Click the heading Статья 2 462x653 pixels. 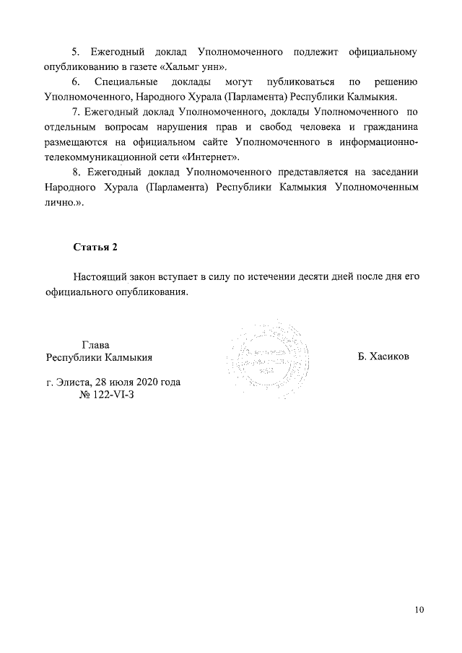tap(95, 247)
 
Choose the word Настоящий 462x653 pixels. tap(98, 278)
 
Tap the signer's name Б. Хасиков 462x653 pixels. tap(383, 357)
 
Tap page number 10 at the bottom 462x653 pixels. tap(419, 610)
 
